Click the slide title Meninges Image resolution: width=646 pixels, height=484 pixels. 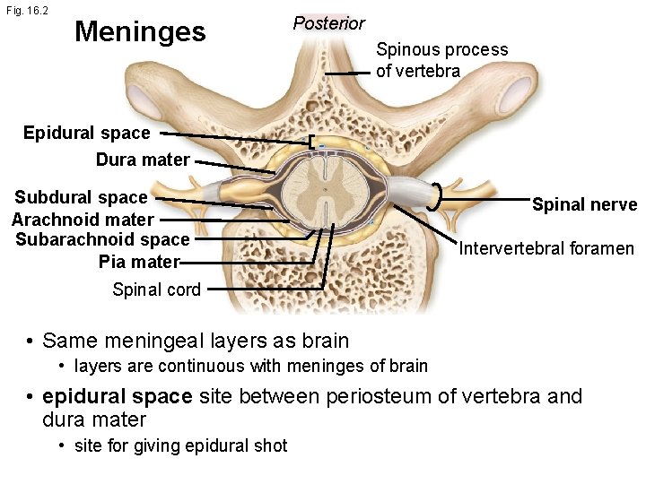coord(140,32)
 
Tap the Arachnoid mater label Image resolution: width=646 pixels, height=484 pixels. coord(83,219)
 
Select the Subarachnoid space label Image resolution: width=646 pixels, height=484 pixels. coord(103,239)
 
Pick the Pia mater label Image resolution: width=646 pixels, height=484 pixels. coord(138,262)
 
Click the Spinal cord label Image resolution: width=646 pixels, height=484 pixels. coord(156,289)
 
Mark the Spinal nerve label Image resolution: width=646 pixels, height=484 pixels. coord(584,204)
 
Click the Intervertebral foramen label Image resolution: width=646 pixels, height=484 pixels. coord(546,247)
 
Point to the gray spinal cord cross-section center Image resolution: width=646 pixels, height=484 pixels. coord(325,189)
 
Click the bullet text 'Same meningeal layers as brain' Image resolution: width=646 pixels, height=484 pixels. coord(196,341)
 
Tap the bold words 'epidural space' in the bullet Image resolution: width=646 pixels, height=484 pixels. coord(115,396)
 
